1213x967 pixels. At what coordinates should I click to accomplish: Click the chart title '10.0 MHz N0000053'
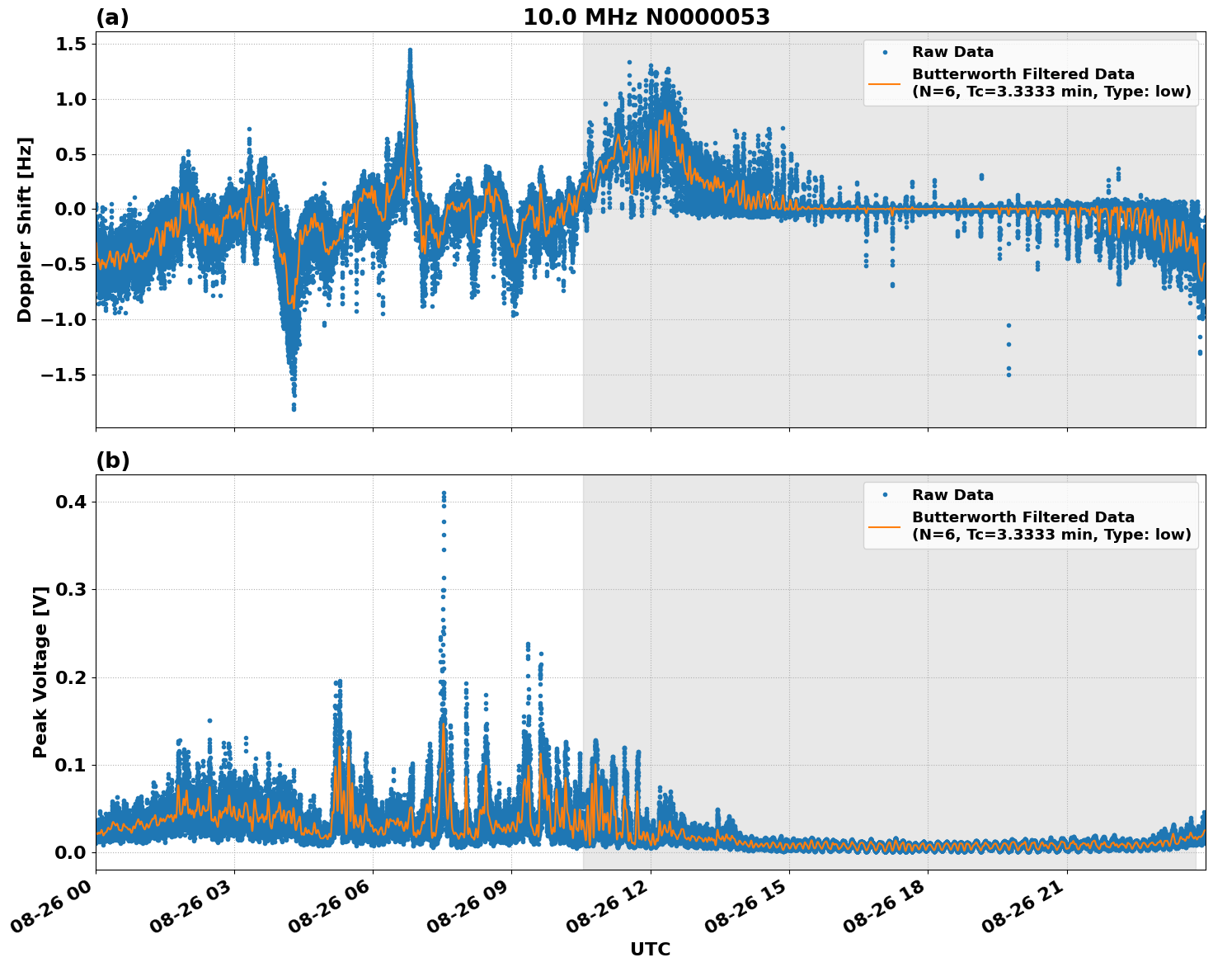pyautogui.click(x=646, y=17)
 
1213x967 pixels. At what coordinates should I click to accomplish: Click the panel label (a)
pyautogui.click(x=112, y=17)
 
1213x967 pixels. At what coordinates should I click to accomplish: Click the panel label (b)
pyautogui.click(x=112, y=460)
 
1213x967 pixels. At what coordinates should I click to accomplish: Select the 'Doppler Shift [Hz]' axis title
pyautogui.click(x=25, y=229)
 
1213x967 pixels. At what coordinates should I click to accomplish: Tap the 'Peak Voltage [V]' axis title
pyautogui.click(x=40, y=672)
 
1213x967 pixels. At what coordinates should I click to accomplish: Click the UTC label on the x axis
pyautogui.click(x=650, y=949)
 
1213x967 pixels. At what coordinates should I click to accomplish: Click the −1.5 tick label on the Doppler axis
pyautogui.click(x=63, y=375)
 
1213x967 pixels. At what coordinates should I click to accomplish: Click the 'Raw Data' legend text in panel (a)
pyautogui.click(x=952, y=52)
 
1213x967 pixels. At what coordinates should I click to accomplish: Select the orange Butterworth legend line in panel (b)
pyautogui.click(x=884, y=526)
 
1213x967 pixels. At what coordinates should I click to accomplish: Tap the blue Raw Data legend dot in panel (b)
pyautogui.click(x=885, y=495)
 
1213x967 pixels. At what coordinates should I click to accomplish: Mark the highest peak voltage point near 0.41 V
pyautogui.click(x=444, y=493)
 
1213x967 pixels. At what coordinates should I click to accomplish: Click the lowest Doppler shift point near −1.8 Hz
pyautogui.click(x=294, y=408)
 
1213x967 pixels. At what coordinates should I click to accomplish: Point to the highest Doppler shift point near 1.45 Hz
pyautogui.click(x=410, y=50)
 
